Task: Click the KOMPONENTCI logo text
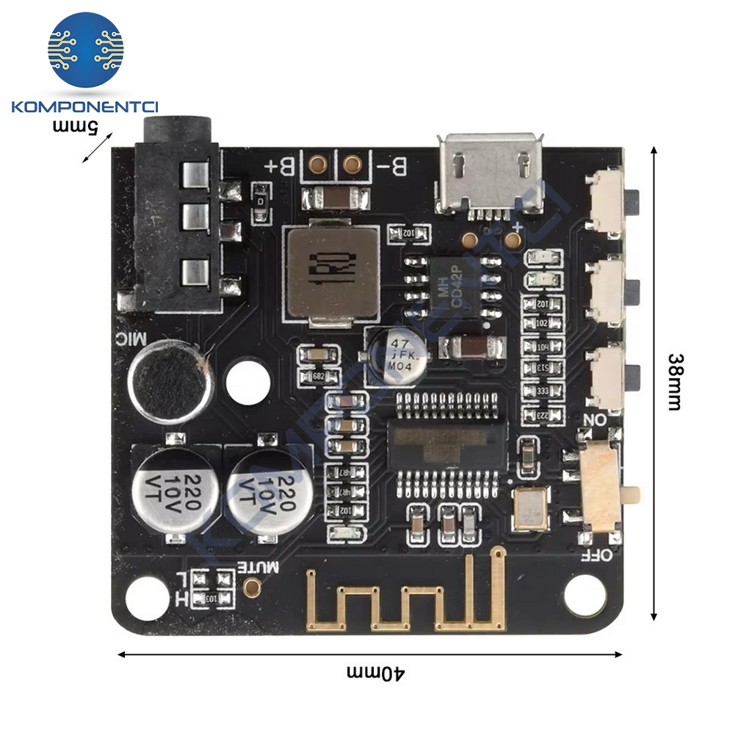point(86,107)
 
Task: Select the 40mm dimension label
point(375,673)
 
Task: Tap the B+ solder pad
point(317,164)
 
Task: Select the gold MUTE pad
point(253,586)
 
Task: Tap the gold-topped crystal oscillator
point(529,507)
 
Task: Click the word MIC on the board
point(131,339)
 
